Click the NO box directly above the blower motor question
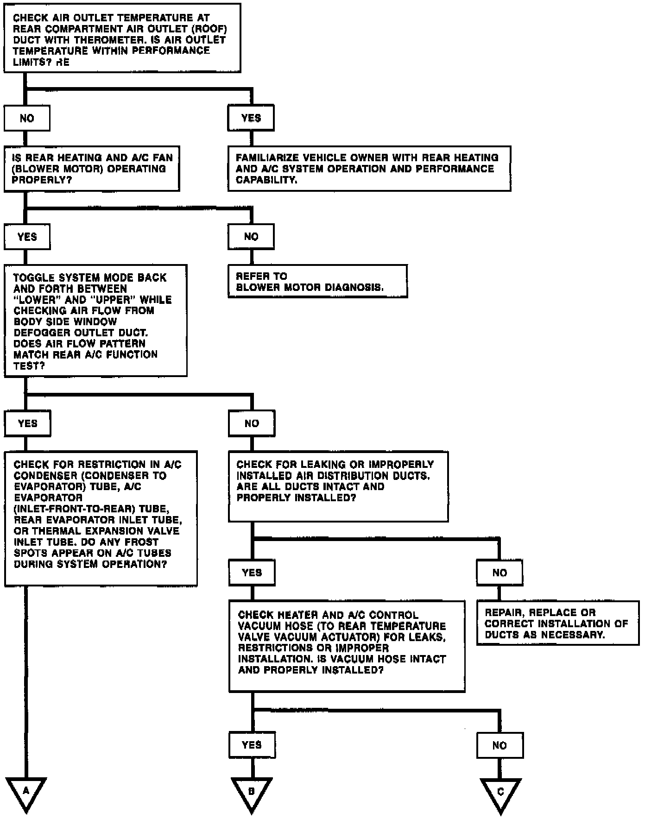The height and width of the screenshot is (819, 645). tap(27, 118)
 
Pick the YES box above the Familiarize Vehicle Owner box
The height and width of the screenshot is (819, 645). tap(251, 118)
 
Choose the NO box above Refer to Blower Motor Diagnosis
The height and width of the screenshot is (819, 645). tap(251, 237)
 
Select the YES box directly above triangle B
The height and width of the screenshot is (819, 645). tap(252, 745)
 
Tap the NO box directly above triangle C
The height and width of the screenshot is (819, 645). tap(500, 745)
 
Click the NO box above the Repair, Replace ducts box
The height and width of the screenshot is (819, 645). tap(500, 573)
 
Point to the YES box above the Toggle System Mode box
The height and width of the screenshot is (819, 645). tap(27, 237)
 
